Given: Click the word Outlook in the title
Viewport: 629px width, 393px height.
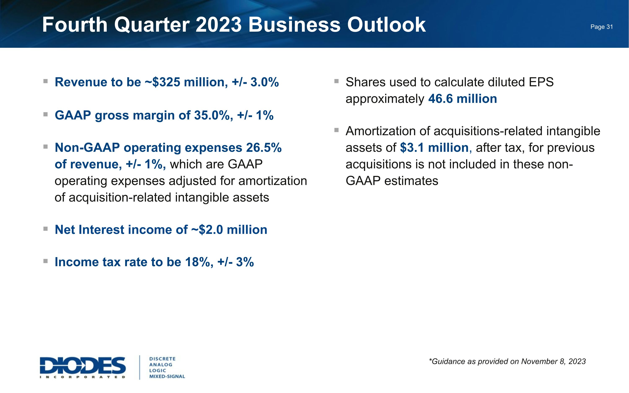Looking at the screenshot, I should tap(386, 25).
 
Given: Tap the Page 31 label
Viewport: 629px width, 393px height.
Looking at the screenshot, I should tap(602, 27).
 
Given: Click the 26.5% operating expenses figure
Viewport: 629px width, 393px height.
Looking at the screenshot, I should tap(264, 148).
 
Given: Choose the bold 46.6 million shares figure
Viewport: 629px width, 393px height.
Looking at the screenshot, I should tap(462, 99).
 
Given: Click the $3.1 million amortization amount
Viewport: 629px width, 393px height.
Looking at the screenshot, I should tap(434, 148).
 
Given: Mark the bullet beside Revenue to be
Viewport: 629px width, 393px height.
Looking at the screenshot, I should tap(45, 81).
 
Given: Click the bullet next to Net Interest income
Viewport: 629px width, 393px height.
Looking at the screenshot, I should tap(45, 229).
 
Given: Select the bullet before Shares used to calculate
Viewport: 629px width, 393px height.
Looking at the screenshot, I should tap(336, 81).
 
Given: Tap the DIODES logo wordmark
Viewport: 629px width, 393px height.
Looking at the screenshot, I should tap(82, 365).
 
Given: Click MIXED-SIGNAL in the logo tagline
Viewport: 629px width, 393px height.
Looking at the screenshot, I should tap(167, 376).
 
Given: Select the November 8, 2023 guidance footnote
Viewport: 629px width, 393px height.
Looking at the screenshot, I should tap(507, 362).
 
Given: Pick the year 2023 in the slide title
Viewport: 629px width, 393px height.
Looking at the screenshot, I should tap(218, 25).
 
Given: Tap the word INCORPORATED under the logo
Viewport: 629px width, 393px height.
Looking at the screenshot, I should tap(82, 377).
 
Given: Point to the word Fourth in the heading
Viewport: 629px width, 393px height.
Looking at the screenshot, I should tap(75, 25).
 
